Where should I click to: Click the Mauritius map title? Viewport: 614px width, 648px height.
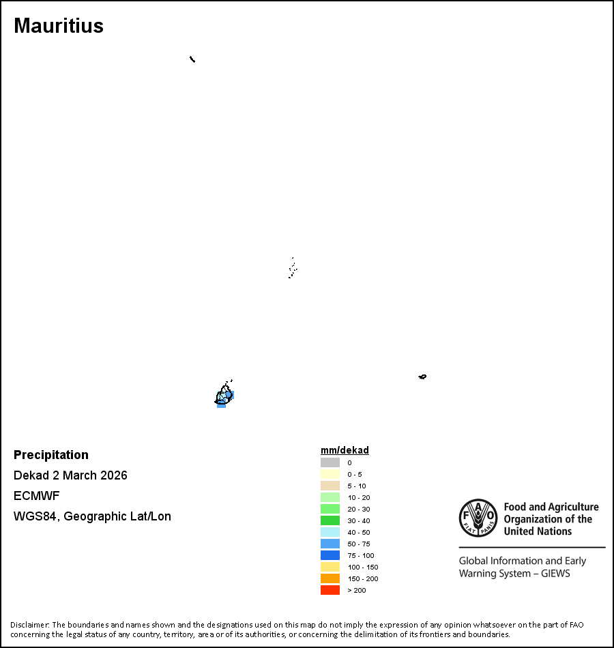[59, 26]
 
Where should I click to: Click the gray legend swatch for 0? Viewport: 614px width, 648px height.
[330, 462]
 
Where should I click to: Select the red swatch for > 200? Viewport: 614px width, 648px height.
[330, 590]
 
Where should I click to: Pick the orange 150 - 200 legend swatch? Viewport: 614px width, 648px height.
[330, 578]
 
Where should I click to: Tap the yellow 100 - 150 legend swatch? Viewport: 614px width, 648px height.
[330, 567]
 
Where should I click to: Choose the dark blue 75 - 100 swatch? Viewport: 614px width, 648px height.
[330, 555]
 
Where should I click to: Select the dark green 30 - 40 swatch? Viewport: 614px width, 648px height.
[330, 520]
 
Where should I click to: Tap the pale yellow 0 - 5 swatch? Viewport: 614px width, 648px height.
[330, 474]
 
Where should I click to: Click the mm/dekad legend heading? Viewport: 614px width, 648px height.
[345, 450]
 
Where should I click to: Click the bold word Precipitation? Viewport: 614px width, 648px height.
[51, 455]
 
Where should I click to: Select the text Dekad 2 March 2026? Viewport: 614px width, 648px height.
[70, 475]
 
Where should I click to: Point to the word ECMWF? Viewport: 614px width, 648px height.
[37, 496]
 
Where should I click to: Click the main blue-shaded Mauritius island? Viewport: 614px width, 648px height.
[224, 396]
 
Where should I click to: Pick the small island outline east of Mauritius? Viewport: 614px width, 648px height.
[422, 377]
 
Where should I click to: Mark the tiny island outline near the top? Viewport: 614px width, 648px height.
[192, 59]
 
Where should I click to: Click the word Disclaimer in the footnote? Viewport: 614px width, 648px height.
[29, 625]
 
